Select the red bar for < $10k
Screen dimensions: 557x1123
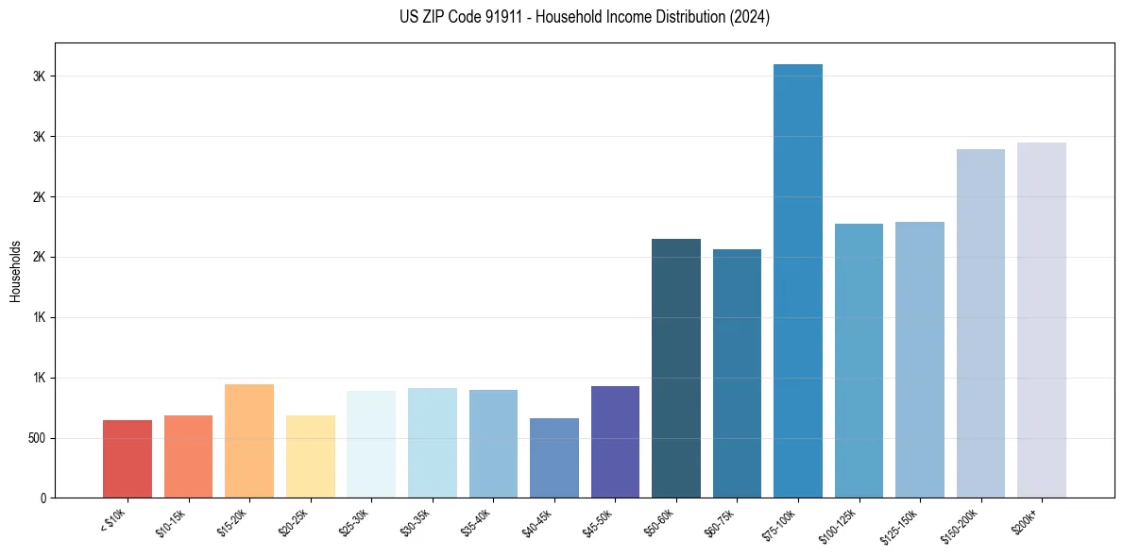(x=128, y=459)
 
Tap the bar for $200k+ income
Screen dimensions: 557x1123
(x=1042, y=320)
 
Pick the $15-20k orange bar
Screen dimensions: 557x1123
(x=249, y=441)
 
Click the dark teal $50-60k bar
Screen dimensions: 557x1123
(x=676, y=368)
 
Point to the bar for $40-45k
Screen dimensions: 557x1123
(x=554, y=458)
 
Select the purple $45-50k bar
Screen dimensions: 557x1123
(x=615, y=442)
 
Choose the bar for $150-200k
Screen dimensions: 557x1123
(x=980, y=324)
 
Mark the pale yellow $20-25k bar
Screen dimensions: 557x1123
(x=311, y=456)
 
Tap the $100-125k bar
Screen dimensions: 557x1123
(x=859, y=361)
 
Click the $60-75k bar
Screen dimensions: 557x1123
(x=737, y=374)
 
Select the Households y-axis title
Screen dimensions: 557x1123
(x=15, y=270)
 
